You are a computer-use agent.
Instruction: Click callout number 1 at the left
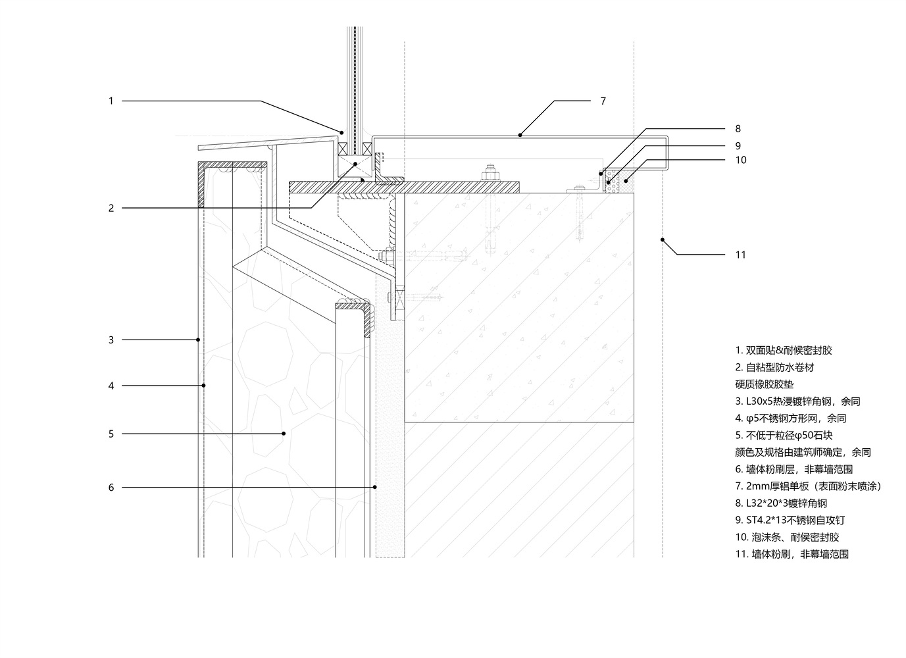[x=111, y=101]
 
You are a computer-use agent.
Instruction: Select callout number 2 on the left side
[x=111, y=208]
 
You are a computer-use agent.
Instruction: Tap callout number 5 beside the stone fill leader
[x=111, y=434]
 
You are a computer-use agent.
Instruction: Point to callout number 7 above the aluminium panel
[x=603, y=101]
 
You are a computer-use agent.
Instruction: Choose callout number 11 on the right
[x=741, y=255]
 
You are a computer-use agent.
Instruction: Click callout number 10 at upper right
[x=741, y=160]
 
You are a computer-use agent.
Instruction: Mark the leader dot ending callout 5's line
[x=284, y=434]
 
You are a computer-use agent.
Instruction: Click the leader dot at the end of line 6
[x=375, y=488]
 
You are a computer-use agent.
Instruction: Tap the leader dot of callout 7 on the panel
[x=520, y=135]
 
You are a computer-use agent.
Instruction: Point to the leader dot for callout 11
[x=663, y=240]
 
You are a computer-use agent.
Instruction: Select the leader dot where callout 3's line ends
[x=198, y=340]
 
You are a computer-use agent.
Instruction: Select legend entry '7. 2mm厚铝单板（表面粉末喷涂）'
[x=807, y=486]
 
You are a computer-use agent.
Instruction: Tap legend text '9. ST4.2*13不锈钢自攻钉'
[x=790, y=520]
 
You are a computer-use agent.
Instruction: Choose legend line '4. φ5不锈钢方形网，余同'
[x=790, y=418]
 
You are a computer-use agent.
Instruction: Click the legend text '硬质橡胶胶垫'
[x=765, y=384]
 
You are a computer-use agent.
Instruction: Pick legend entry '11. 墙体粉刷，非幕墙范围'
[x=792, y=555]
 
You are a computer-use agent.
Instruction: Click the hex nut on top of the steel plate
[x=490, y=174]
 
